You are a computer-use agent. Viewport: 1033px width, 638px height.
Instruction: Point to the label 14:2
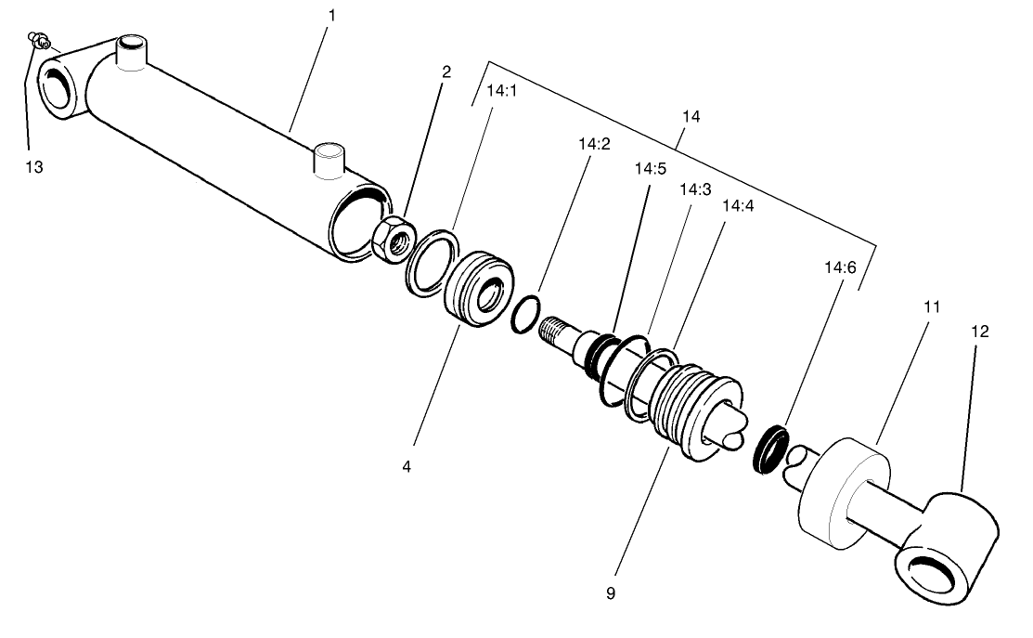click(x=594, y=144)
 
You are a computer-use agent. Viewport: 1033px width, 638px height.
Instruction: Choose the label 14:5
click(x=650, y=169)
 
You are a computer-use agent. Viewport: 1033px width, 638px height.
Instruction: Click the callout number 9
click(x=610, y=592)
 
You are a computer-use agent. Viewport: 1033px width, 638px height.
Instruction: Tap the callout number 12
click(x=980, y=331)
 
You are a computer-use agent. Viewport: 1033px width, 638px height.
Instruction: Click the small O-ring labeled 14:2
click(x=525, y=312)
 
